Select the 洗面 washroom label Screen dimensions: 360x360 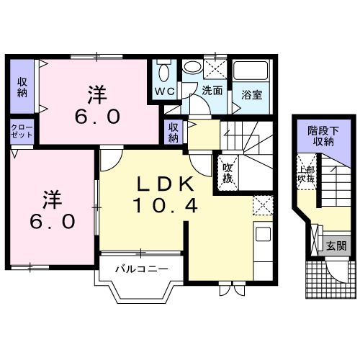coord(212,91)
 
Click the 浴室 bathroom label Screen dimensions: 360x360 coord(251,94)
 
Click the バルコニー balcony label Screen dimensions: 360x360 coord(143,270)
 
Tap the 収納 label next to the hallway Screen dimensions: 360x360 coord(174,132)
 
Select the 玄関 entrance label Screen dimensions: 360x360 coord(336,246)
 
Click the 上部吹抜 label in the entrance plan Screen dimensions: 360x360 coord(307,176)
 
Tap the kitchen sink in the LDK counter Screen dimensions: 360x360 coord(261,235)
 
